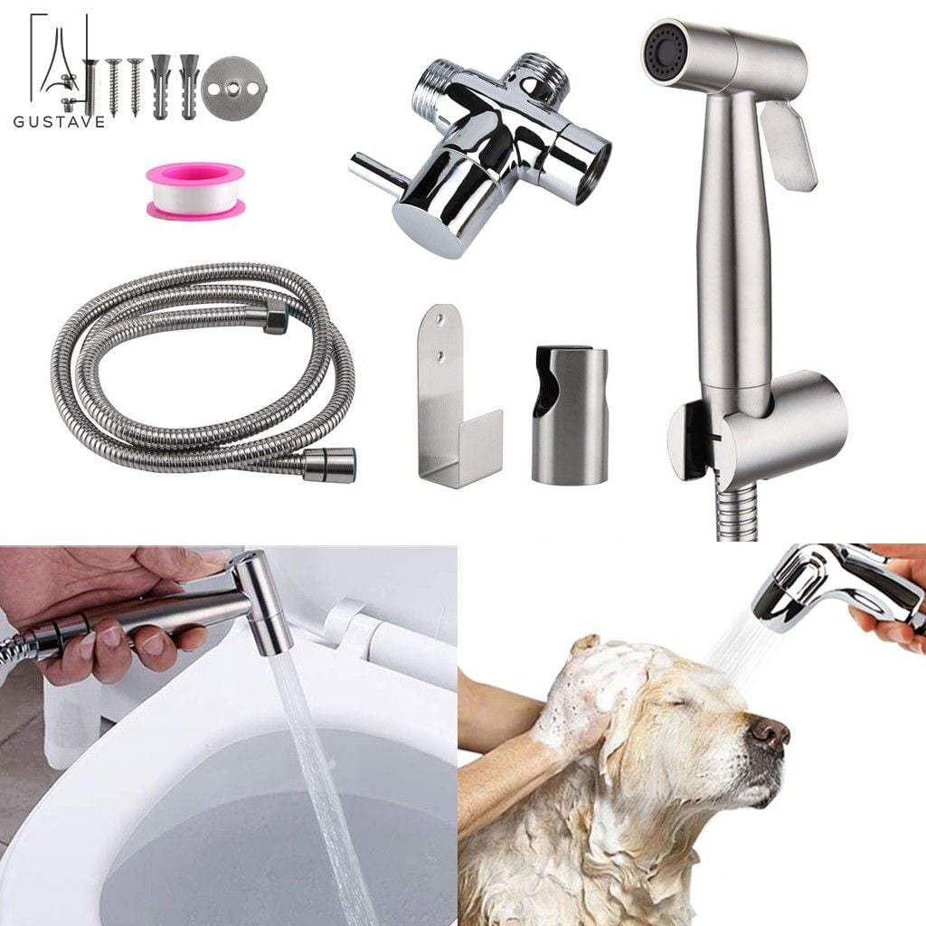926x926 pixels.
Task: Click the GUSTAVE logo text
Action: [x=59, y=121]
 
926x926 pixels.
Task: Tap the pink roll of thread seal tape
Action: [x=195, y=190]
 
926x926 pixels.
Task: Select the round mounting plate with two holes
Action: [x=230, y=87]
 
